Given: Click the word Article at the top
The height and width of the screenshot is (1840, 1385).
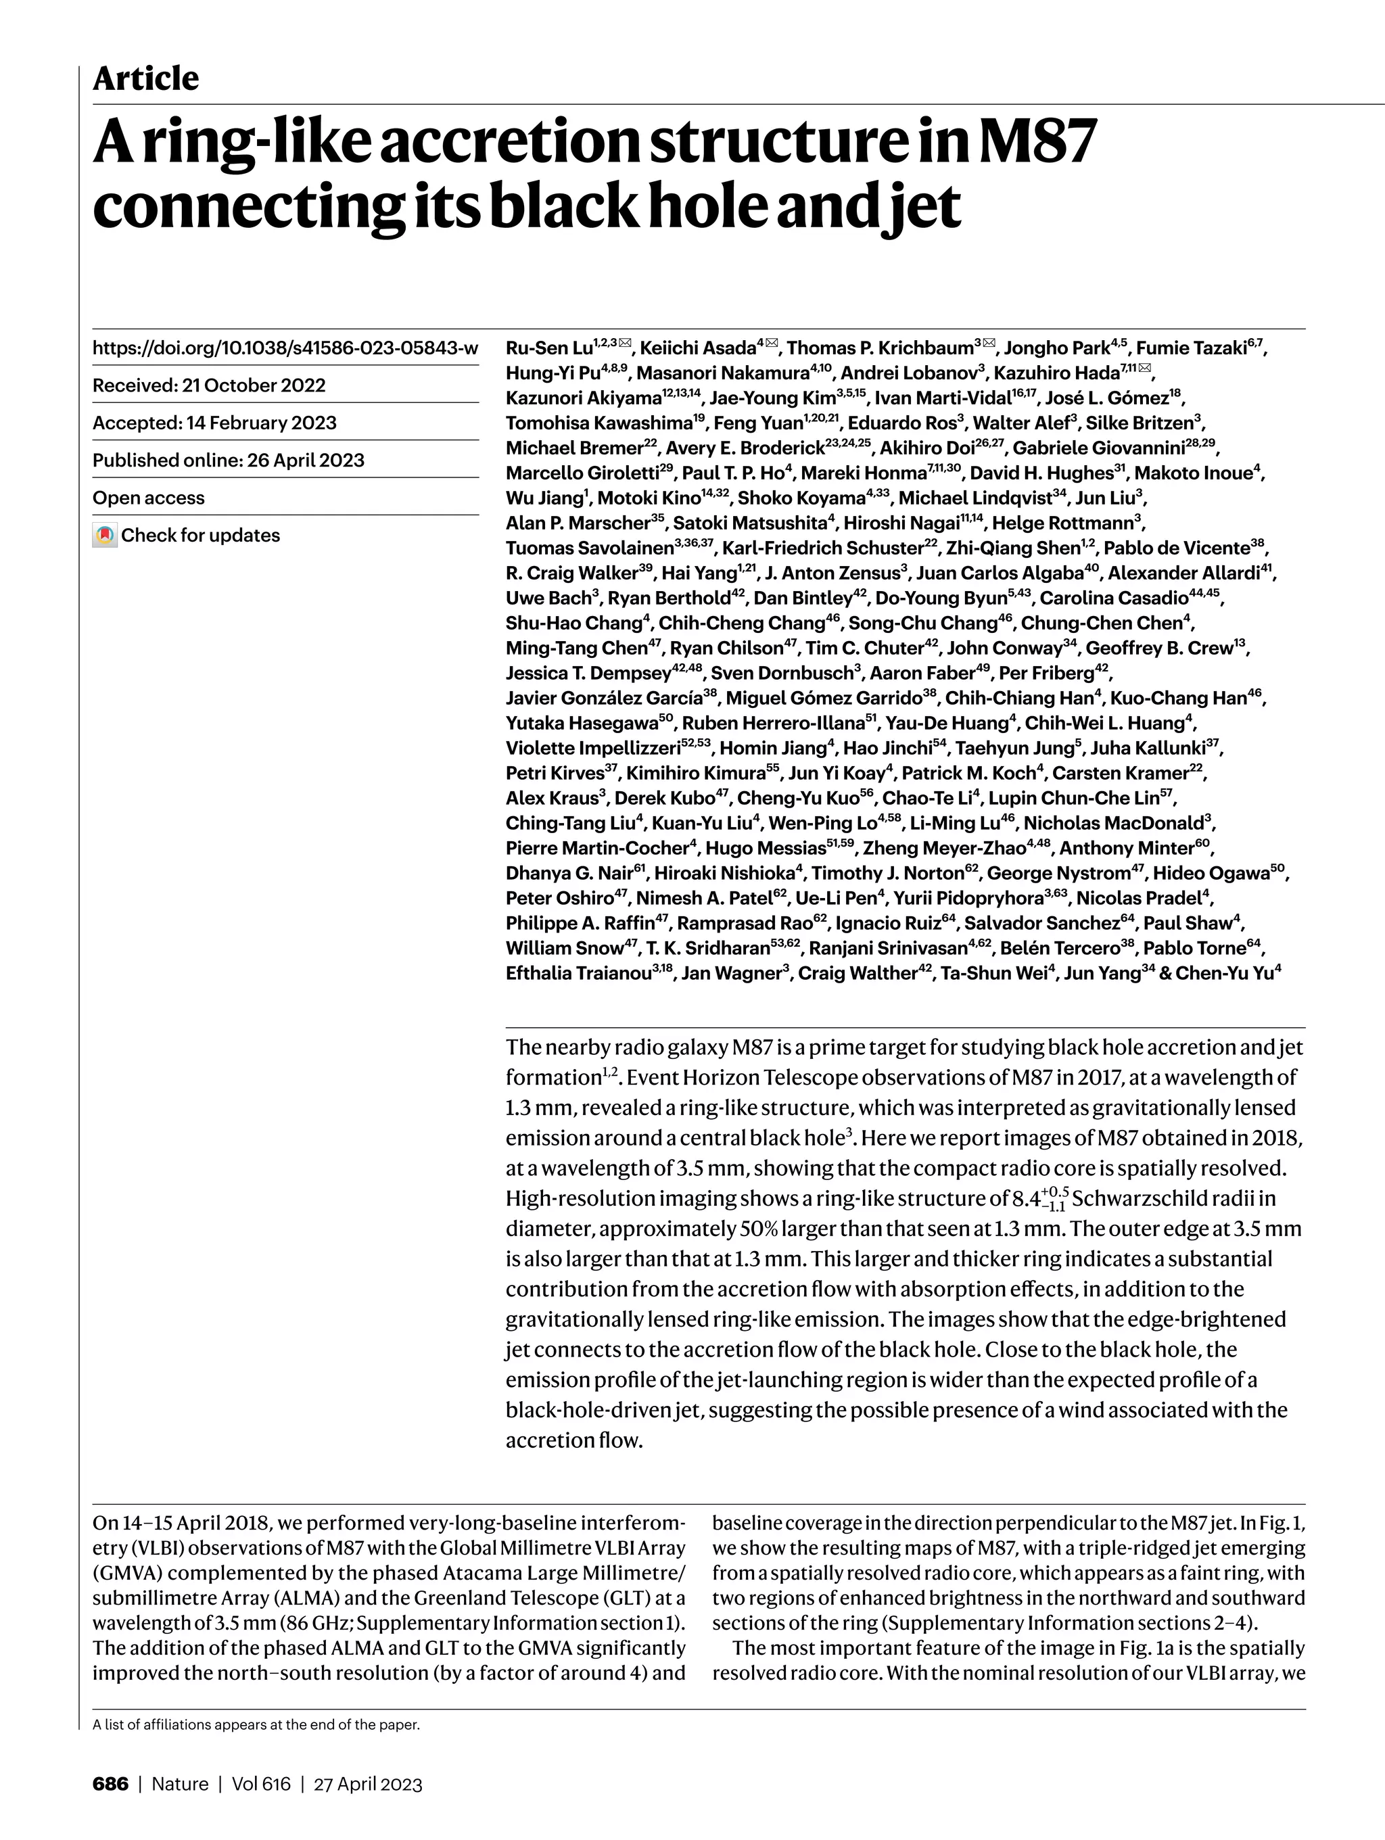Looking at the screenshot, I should (145, 79).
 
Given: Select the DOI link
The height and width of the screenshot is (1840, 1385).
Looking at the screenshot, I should (285, 348).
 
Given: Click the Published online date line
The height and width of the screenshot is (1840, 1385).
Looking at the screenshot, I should (228, 460).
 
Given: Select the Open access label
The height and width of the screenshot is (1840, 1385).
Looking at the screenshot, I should (148, 498).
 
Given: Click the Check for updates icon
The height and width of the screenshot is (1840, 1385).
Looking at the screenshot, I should (104, 535).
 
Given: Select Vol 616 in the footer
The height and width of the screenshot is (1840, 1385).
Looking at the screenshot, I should (261, 1783).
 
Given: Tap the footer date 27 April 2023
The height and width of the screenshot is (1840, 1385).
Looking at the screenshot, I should (368, 1783).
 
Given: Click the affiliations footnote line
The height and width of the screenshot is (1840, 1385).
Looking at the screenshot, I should (256, 1724).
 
